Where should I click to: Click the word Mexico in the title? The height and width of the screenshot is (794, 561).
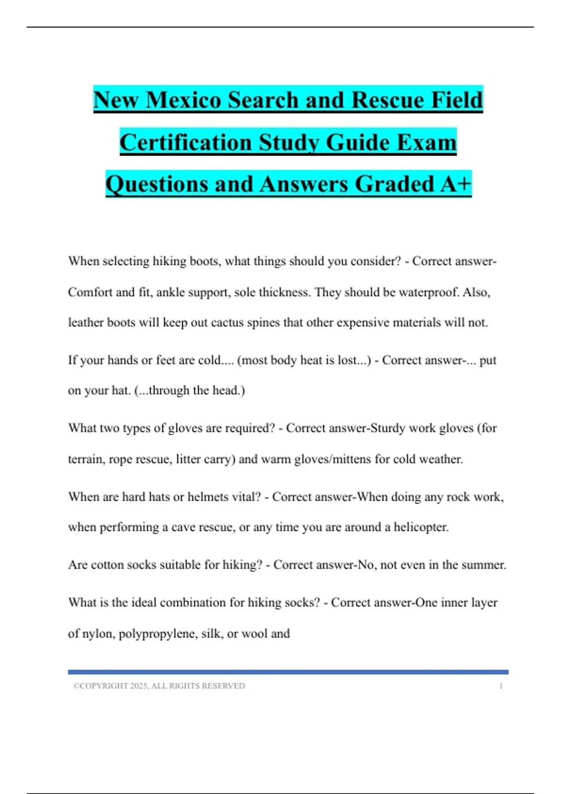point(183,100)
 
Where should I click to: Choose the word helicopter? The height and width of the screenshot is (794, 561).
point(421,527)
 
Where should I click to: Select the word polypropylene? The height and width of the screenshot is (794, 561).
point(158,634)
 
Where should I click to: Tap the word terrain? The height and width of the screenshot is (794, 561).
point(86,459)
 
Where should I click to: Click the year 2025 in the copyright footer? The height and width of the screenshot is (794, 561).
point(139,686)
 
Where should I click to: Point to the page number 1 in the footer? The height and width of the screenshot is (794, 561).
point(501,686)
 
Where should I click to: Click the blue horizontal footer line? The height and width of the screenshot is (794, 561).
point(288,672)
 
